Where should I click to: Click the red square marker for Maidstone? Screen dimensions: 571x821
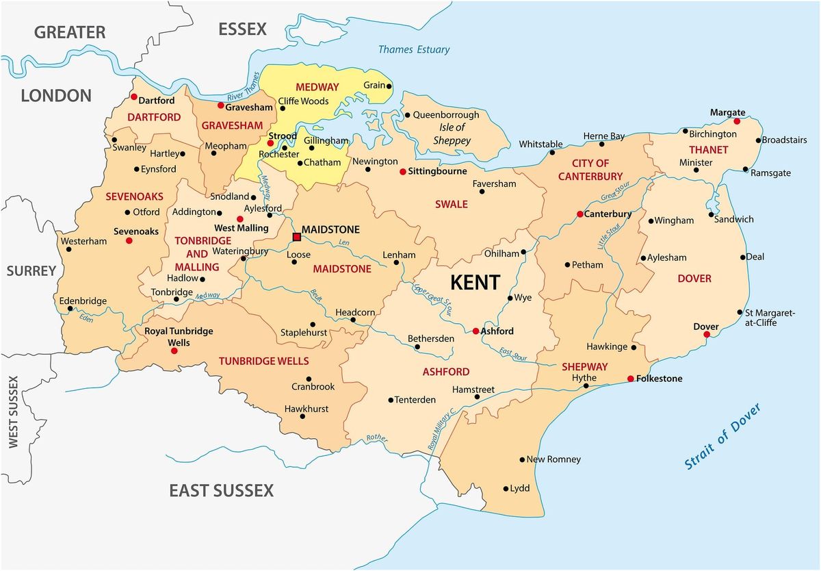pyautogui.click(x=297, y=238)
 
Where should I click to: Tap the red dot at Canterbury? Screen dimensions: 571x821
pyautogui.click(x=579, y=214)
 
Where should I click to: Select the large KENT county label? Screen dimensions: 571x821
pyautogui.click(x=475, y=282)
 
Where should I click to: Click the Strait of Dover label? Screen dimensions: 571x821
pyautogui.click(x=722, y=436)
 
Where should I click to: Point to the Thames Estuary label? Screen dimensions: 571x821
pyautogui.click(x=414, y=49)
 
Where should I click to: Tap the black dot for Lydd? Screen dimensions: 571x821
pyautogui.click(x=506, y=489)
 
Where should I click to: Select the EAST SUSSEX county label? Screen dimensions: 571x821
pyautogui.click(x=221, y=490)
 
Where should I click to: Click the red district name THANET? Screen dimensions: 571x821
pyautogui.click(x=709, y=149)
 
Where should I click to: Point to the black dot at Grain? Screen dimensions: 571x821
pyautogui.click(x=389, y=86)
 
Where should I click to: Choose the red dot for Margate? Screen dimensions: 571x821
pyautogui.click(x=737, y=121)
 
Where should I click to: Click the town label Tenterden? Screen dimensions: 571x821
pyautogui.click(x=415, y=400)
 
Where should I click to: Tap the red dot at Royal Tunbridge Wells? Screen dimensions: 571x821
pyautogui.click(x=174, y=351)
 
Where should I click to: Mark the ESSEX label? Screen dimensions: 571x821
pyautogui.click(x=242, y=29)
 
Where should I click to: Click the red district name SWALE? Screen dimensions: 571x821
pyautogui.click(x=452, y=204)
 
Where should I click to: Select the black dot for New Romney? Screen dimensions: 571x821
pyautogui.click(x=522, y=459)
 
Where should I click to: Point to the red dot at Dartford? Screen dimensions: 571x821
pyautogui.click(x=134, y=97)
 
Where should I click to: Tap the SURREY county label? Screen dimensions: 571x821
pyautogui.click(x=31, y=271)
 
